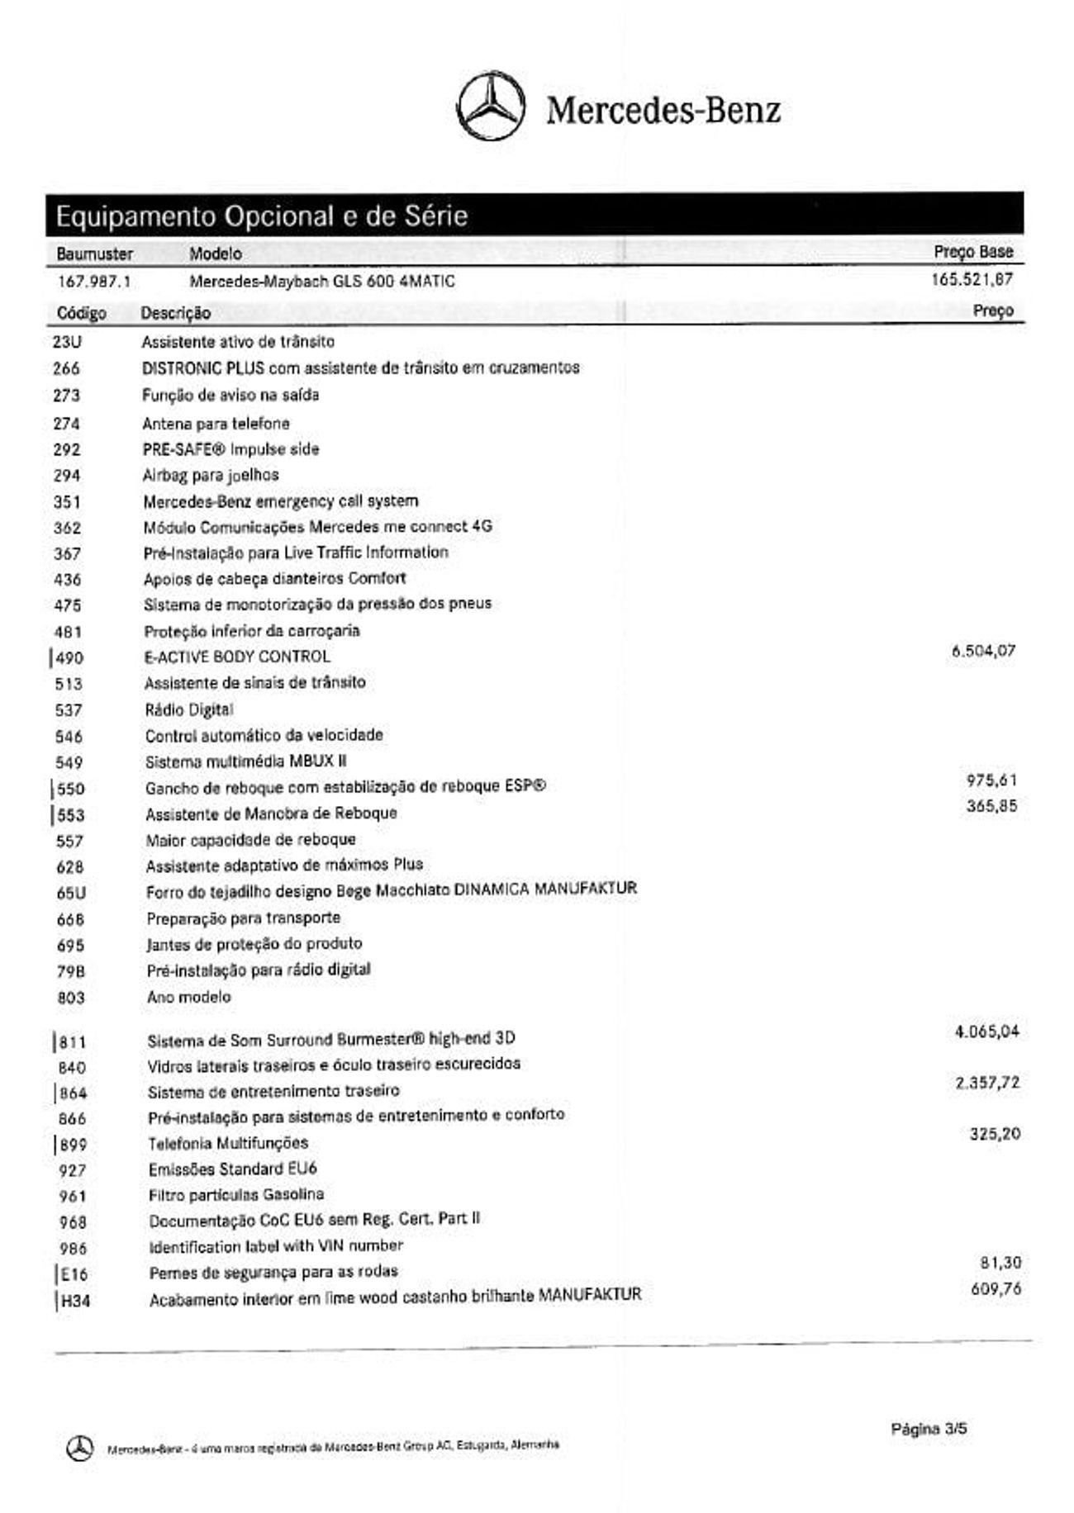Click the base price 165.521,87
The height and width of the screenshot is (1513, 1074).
(972, 279)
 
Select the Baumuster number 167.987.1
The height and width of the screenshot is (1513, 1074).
(93, 282)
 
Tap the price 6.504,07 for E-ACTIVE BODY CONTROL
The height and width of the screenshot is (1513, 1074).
(983, 651)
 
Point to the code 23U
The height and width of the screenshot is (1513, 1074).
(66, 342)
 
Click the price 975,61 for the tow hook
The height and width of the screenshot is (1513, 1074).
(991, 780)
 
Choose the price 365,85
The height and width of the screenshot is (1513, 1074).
(991, 806)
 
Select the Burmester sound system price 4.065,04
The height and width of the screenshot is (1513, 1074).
(986, 1032)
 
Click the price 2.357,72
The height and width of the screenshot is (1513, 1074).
(987, 1083)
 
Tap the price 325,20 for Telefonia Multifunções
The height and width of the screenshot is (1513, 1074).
(995, 1134)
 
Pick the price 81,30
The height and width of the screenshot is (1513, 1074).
(1000, 1263)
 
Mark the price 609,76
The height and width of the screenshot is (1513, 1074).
(996, 1288)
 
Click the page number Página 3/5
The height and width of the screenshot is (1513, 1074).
(929, 1428)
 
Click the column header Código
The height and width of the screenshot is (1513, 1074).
(81, 313)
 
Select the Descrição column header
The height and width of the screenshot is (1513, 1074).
(175, 313)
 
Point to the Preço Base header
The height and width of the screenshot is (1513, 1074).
(973, 252)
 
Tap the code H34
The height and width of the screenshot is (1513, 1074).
(74, 1302)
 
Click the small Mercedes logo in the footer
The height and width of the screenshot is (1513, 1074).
(79, 1448)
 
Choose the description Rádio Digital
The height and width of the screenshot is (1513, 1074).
(189, 709)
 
